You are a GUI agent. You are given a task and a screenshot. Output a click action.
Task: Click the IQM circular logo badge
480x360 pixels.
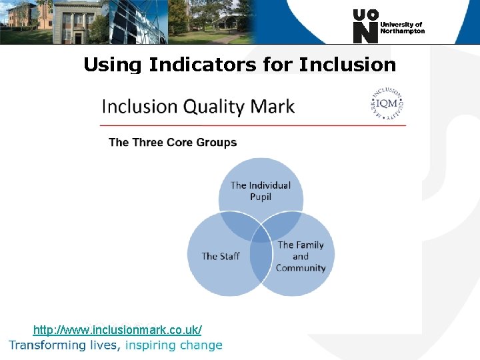coord(387,104)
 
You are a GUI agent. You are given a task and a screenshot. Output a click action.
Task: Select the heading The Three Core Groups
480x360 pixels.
coord(173,142)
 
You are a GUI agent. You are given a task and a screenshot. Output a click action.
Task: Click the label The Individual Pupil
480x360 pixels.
coord(261,191)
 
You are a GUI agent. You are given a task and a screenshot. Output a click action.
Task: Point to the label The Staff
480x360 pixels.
coord(221,256)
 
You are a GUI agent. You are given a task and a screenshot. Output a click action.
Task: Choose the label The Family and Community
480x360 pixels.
coord(301,256)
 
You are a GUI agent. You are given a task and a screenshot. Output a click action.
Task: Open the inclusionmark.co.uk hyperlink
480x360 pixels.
coord(117,330)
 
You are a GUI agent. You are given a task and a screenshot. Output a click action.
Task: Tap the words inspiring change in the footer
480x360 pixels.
coord(173,345)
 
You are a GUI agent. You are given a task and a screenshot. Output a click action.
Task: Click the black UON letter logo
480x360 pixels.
coord(365,26)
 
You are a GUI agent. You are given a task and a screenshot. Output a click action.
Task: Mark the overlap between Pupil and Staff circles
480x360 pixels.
coord(237,223)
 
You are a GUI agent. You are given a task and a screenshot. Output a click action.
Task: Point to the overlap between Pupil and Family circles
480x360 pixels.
coord(285,223)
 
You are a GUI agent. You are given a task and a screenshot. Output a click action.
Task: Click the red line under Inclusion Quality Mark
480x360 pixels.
coord(253,125)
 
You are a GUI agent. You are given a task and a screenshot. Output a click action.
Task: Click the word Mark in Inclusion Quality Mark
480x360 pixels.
coord(273,107)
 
